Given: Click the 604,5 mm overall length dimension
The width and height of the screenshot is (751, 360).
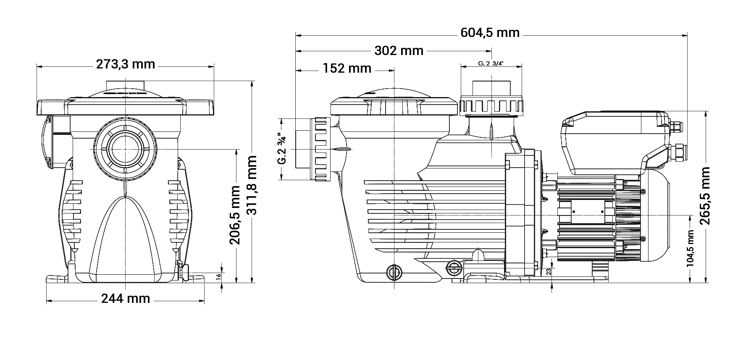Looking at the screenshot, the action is pos(490,32).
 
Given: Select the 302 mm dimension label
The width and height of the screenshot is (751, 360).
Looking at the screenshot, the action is pos(399,51).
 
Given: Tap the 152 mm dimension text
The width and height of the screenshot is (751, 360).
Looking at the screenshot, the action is pos(347,68).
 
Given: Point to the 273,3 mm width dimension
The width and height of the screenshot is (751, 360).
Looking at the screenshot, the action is pos(126,64).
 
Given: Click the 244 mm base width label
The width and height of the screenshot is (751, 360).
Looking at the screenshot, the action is pos(126,298).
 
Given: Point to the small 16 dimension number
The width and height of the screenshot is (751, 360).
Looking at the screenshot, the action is pos(218,276).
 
